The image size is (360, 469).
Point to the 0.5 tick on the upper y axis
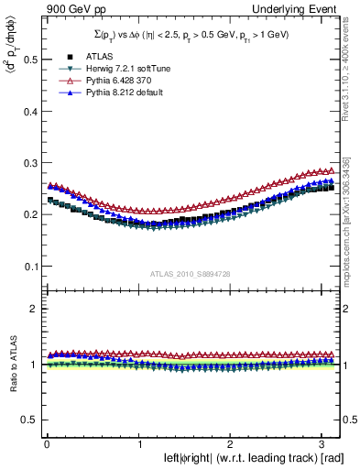point(27,59)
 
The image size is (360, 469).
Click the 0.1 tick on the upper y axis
point(27,267)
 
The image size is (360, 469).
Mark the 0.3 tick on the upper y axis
point(27,163)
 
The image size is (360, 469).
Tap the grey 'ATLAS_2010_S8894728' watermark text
point(191,273)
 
